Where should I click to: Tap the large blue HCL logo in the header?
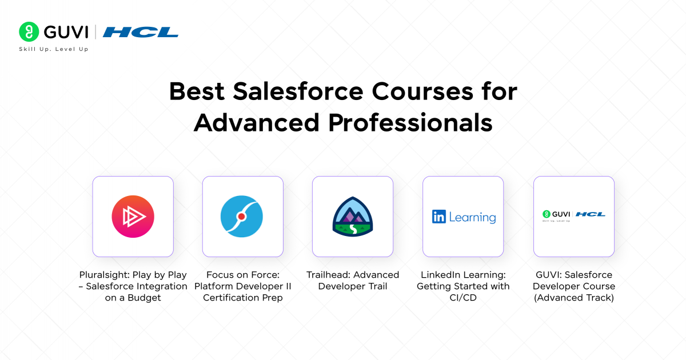[x=141, y=32]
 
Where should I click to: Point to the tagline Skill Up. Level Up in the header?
[x=54, y=49]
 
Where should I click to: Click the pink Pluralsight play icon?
[x=133, y=217]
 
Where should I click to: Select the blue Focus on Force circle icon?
[x=242, y=217]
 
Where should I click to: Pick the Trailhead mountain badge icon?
[x=353, y=217]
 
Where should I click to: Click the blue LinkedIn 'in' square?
[x=439, y=217]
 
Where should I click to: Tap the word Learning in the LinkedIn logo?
[x=472, y=217]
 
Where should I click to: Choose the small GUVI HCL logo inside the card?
[x=573, y=215]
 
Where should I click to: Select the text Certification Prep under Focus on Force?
[x=242, y=298]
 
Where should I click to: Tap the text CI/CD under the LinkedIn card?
[x=463, y=298]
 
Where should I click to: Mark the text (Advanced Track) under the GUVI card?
[x=573, y=298]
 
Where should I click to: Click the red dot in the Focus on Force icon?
[x=242, y=217]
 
